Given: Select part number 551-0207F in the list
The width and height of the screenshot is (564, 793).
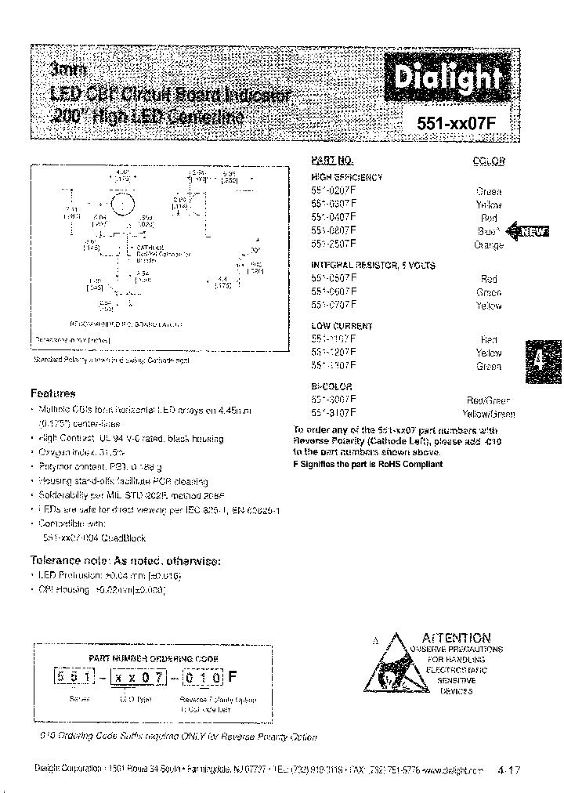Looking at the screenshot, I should tap(334, 190).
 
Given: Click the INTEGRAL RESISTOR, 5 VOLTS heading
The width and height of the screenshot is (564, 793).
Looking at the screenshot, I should tap(373, 265).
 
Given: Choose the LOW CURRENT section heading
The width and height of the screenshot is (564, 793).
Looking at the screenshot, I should tap(342, 326).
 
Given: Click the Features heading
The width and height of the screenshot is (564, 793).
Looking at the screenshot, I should tap(52, 393).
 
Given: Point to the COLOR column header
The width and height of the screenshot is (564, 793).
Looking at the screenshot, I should tap(489, 161).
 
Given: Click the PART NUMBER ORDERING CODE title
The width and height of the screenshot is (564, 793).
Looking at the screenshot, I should tap(154, 658).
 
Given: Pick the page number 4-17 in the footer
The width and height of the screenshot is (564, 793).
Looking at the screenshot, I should tap(509, 770).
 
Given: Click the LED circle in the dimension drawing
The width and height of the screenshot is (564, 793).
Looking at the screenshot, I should tap(121, 205).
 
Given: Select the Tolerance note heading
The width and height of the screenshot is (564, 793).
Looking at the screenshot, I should tap(125, 561).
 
